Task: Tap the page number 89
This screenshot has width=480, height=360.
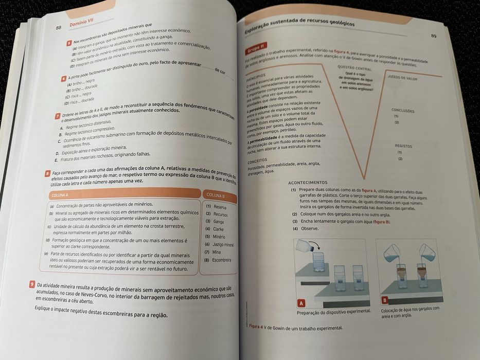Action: [433, 36]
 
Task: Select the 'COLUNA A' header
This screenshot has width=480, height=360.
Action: [61, 195]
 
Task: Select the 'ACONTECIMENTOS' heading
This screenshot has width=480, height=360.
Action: [308, 183]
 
